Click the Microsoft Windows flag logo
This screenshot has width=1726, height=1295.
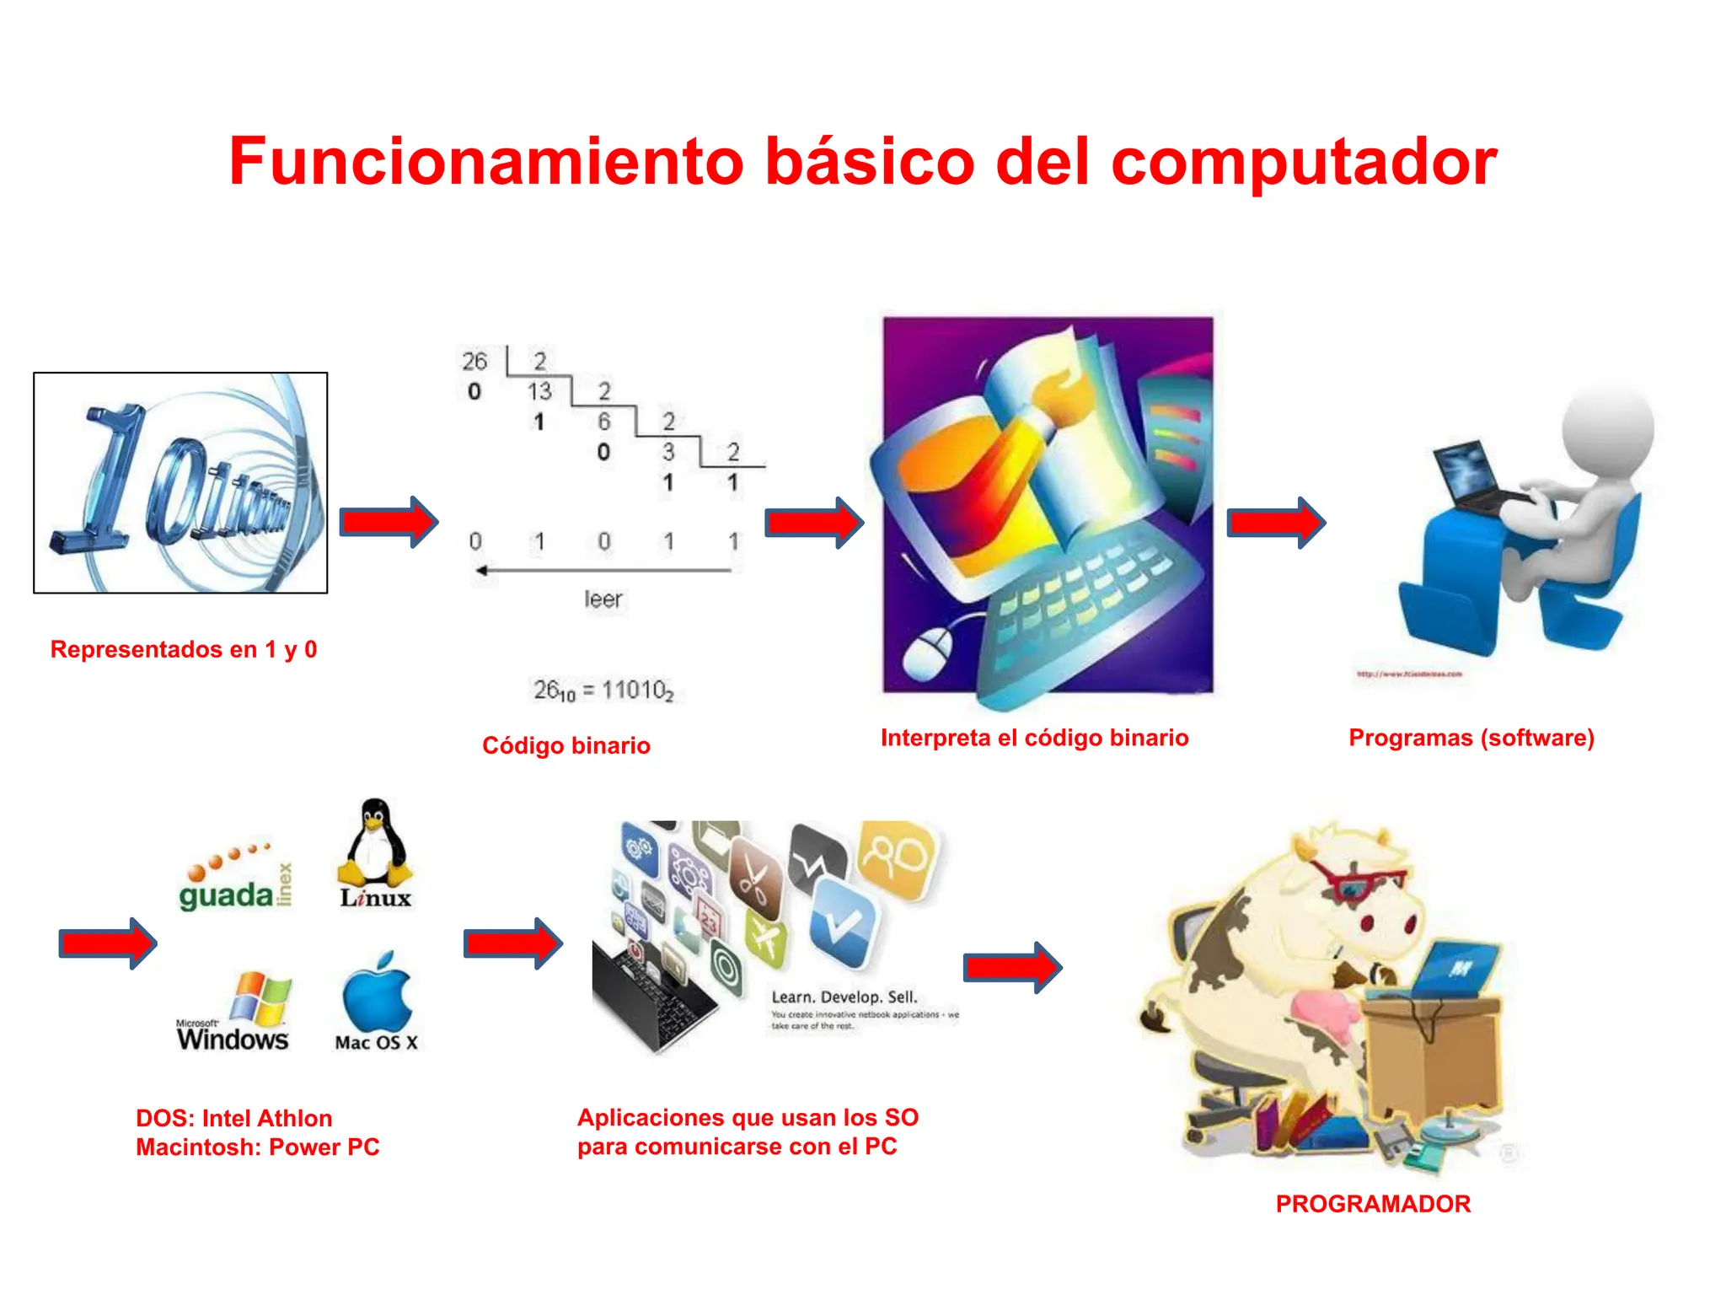pos(261,997)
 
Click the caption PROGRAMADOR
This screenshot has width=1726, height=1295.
pos(1373,1203)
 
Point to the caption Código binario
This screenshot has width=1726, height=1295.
pos(566,745)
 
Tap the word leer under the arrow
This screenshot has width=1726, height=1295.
pos(603,599)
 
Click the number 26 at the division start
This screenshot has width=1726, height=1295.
pos(474,361)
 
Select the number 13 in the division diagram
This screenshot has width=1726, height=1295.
pos(539,391)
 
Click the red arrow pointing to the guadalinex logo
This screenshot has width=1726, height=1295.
pos(108,943)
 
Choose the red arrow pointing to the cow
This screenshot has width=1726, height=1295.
pos(1012,967)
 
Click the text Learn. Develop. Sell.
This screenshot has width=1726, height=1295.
pos(844,997)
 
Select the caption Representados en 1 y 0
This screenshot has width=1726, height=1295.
pos(184,649)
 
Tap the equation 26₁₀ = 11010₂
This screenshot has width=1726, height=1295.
pos(603,690)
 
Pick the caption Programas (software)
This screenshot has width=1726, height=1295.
pos(1471,738)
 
